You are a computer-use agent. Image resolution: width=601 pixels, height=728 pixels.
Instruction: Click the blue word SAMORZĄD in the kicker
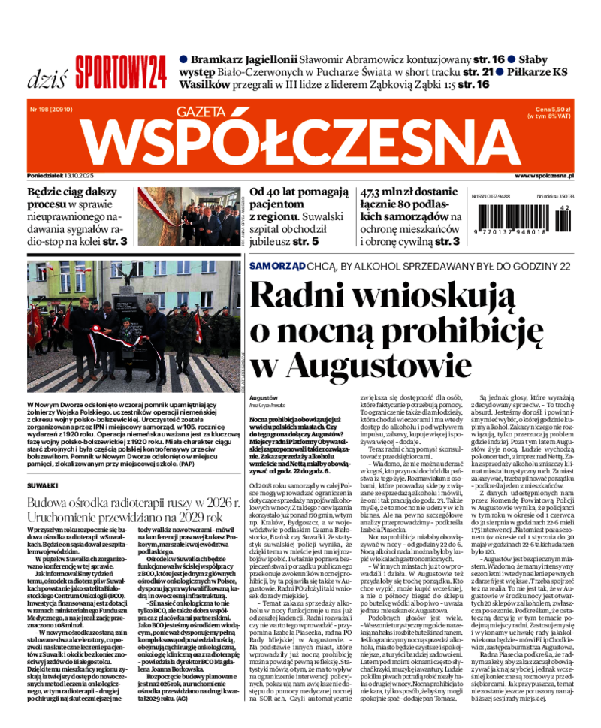coord(277,266)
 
